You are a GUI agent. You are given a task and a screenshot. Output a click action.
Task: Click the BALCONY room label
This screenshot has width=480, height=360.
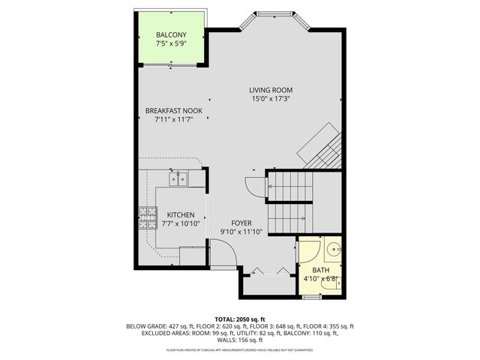(x=171, y=35)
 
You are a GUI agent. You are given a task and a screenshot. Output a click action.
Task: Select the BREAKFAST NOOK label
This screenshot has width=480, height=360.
(x=173, y=111)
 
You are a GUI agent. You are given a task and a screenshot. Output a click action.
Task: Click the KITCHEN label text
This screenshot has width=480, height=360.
(x=181, y=214)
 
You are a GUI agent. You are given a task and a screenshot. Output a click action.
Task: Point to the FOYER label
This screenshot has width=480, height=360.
(x=241, y=223)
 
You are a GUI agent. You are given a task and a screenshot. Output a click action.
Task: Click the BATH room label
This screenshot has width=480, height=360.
(x=320, y=270)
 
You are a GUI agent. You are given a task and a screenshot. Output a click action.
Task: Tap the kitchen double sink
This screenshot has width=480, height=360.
(x=178, y=179)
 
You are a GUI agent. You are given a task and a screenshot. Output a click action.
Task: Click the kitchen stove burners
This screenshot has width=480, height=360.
(x=146, y=217)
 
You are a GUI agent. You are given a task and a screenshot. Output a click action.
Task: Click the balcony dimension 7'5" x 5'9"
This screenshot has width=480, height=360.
(x=171, y=44)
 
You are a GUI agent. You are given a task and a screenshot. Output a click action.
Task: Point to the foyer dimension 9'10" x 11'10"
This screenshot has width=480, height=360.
(x=241, y=232)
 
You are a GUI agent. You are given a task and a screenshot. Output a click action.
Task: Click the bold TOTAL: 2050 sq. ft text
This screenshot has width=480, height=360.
(x=240, y=319)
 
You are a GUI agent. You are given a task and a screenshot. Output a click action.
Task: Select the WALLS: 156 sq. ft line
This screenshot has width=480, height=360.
(x=240, y=340)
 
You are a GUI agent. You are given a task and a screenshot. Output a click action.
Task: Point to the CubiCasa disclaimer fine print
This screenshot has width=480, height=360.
(x=240, y=349)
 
